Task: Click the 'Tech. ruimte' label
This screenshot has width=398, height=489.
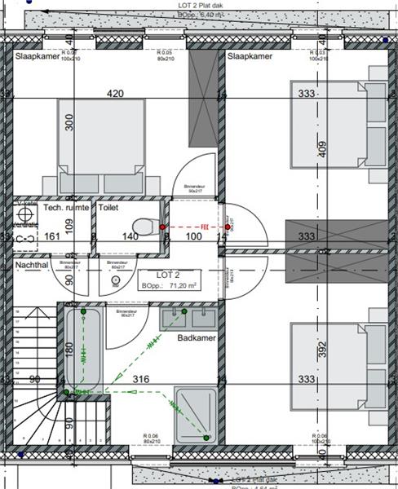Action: pyautogui.click(x=65, y=209)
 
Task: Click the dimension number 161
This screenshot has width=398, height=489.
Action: pyautogui.click(x=51, y=236)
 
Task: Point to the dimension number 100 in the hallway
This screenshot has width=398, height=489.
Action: pyautogui.click(x=192, y=236)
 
